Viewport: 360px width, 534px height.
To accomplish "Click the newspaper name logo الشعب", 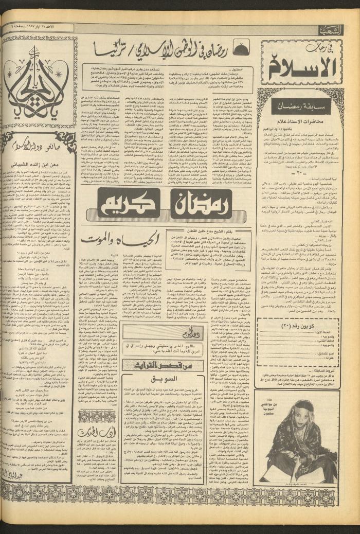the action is (x=331, y=30).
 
